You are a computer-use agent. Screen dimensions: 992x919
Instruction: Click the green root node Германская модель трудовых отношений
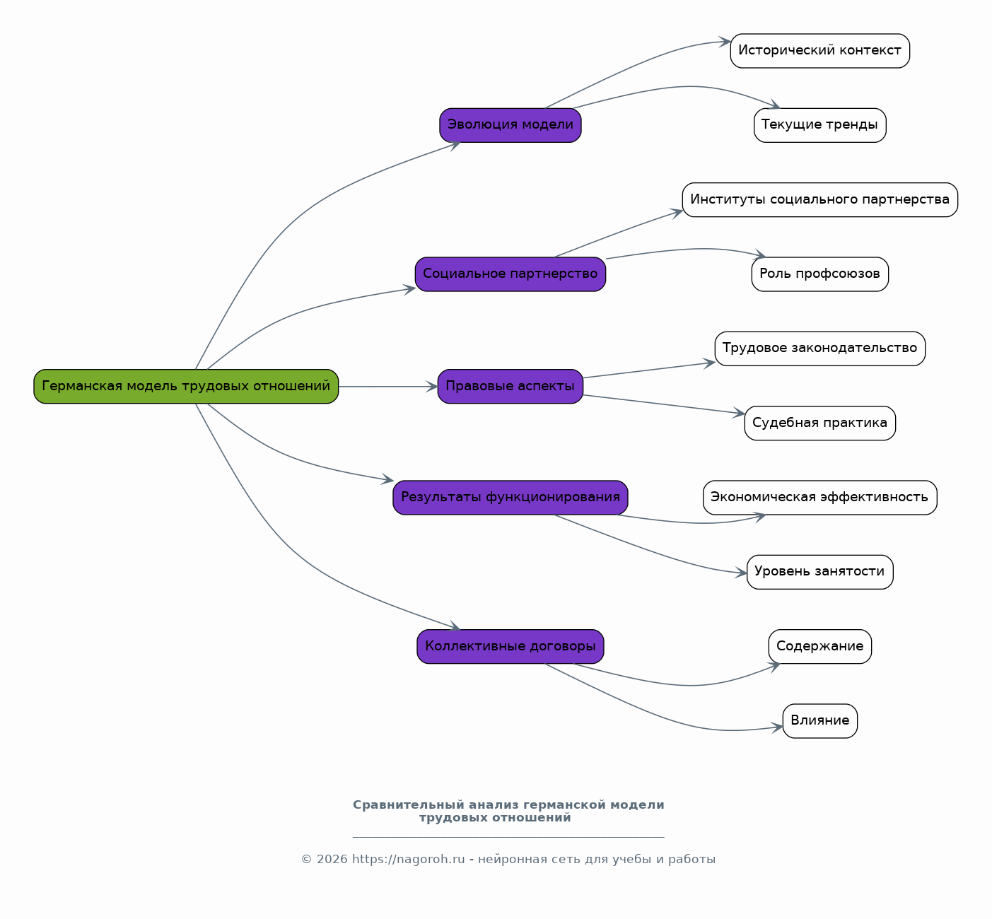coord(186,387)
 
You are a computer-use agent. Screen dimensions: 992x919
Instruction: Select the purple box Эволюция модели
coord(510,125)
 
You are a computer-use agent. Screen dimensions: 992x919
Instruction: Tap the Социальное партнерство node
coord(510,274)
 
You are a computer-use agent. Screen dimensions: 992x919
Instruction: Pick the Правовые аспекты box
coord(510,387)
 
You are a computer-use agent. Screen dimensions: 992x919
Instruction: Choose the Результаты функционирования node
coord(510,498)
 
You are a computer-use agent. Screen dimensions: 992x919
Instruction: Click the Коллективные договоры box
coord(510,646)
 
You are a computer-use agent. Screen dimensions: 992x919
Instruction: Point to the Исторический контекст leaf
coord(819,51)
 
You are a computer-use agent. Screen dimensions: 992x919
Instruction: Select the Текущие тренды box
coord(819,125)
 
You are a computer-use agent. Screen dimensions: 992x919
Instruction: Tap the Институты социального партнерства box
coord(819,200)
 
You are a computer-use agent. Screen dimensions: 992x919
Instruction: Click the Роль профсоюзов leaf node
coord(819,274)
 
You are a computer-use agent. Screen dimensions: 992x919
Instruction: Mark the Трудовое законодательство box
coord(819,349)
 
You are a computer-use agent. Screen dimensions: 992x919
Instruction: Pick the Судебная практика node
coord(819,423)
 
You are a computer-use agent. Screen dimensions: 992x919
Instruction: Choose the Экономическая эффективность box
coord(819,498)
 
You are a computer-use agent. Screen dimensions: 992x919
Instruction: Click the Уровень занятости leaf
coord(819,572)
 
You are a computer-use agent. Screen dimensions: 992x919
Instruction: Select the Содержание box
coord(819,646)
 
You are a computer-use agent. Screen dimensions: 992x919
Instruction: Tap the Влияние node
coord(819,721)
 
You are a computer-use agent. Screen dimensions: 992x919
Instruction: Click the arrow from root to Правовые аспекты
coord(388,387)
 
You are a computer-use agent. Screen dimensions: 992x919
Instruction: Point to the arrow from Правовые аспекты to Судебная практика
coord(664,404)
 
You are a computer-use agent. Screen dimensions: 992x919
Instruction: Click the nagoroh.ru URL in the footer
coord(408,859)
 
